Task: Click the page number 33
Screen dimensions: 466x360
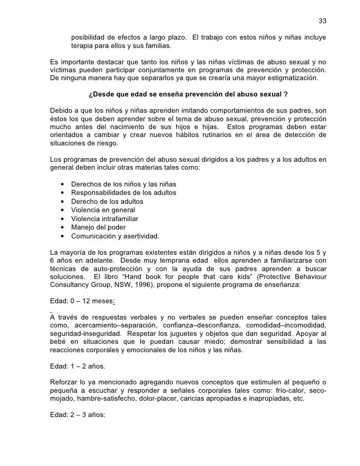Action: click(x=322, y=21)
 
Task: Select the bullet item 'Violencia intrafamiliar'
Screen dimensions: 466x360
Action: click(x=105, y=219)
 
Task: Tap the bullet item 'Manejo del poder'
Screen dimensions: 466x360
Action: click(x=98, y=227)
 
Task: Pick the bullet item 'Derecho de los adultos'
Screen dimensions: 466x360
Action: click(x=107, y=202)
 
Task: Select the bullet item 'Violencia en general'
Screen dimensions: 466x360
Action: click(x=103, y=210)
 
